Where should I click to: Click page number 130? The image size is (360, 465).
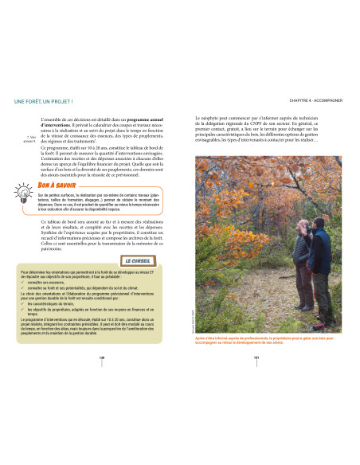pos(102,358)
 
